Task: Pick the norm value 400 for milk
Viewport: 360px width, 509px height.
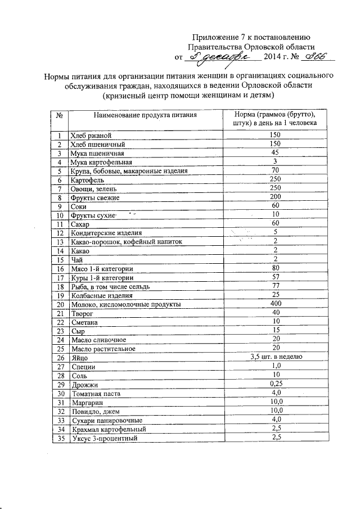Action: tap(275, 304)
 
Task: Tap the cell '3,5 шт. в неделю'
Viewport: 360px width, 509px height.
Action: tap(275, 357)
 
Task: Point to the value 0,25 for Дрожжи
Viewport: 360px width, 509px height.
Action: tap(275, 384)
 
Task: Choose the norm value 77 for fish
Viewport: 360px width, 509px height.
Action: tap(275, 286)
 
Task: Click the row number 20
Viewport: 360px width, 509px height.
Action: tap(59, 304)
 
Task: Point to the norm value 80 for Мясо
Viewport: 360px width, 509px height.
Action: tap(275, 268)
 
